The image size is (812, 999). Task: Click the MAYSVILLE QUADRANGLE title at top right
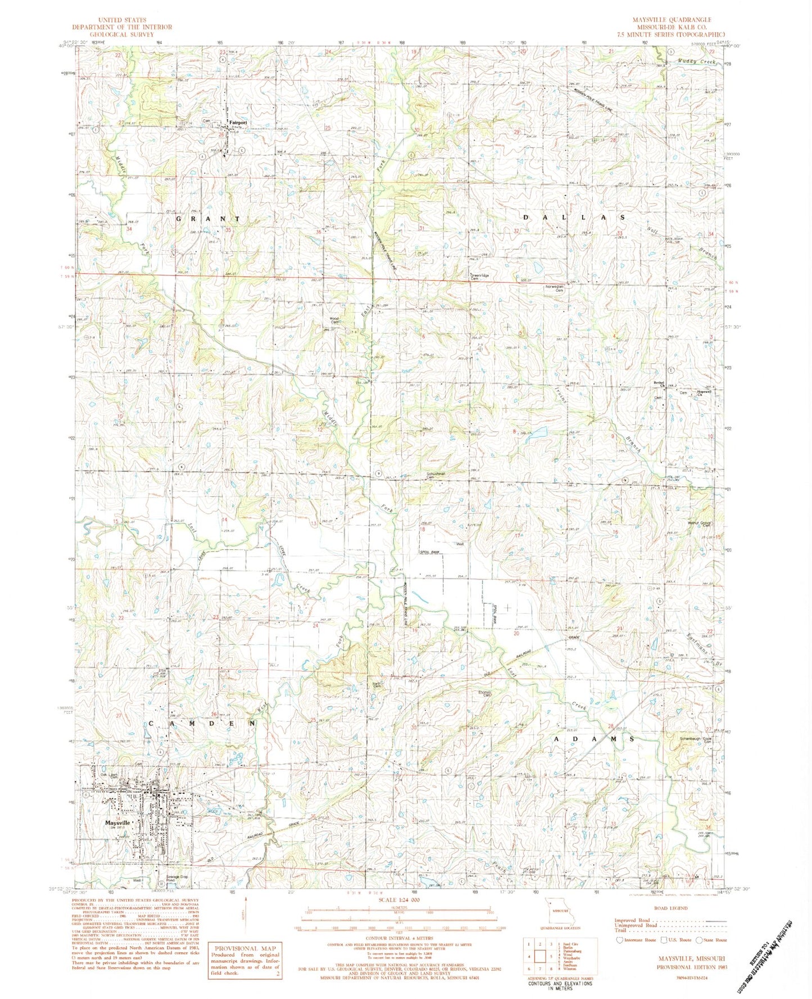coord(672,20)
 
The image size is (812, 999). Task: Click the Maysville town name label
coord(117,822)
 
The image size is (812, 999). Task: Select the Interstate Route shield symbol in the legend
coord(620,939)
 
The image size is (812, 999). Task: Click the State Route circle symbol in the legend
coord(698,939)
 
